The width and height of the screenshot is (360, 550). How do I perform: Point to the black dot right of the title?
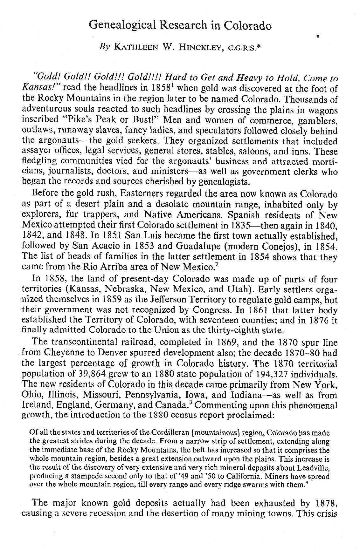318,37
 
